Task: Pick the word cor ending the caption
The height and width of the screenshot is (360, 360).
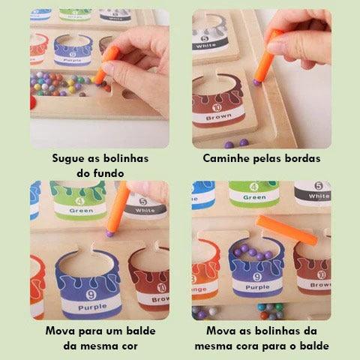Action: coord(129,346)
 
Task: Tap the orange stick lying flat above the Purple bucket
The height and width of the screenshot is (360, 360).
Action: coord(287,230)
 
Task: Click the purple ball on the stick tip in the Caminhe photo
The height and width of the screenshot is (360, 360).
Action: coord(257,82)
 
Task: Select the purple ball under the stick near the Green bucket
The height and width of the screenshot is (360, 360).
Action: coord(109,234)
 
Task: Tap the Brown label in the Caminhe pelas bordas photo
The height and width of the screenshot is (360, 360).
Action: coord(218,116)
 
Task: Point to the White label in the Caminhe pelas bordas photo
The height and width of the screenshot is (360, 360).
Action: coord(206,46)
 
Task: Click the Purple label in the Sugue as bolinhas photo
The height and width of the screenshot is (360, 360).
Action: coord(72,60)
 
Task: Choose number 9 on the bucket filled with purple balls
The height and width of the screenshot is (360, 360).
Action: coord(256,277)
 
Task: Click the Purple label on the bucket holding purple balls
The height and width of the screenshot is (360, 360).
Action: coord(257,287)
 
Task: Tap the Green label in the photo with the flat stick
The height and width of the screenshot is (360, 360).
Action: coord(254,197)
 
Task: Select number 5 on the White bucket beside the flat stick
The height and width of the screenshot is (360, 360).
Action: coord(319,186)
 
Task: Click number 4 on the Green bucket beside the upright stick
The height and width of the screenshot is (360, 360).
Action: coord(79,201)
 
